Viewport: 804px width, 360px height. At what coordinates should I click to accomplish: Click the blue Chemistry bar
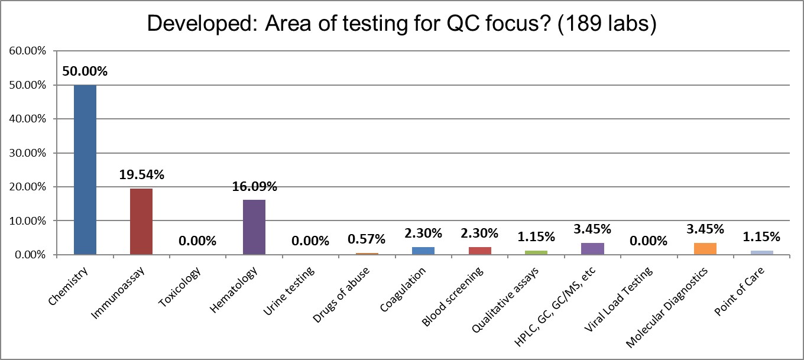(x=85, y=170)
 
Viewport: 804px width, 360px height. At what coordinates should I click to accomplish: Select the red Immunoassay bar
(x=141, y=222)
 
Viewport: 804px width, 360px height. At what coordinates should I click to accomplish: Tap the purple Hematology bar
(x=254, y=227)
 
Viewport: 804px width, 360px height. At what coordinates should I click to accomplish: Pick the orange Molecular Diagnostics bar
(x=705, y=249)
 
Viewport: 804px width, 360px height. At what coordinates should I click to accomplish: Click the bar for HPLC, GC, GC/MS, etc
(x=592, y=249)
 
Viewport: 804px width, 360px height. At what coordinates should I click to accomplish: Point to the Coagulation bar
(x=423, y=251)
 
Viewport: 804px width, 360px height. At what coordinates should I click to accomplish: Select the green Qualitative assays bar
(x=536, y=252)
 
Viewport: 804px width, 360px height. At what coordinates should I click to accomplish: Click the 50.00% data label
(x=85, y=72)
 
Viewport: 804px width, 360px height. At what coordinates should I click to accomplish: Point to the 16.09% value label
(x=254, y=186)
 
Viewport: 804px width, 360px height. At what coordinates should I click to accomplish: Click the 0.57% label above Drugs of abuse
(x=367, y=239)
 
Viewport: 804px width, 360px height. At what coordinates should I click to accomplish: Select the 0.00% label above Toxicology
(x=197, y=241)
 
